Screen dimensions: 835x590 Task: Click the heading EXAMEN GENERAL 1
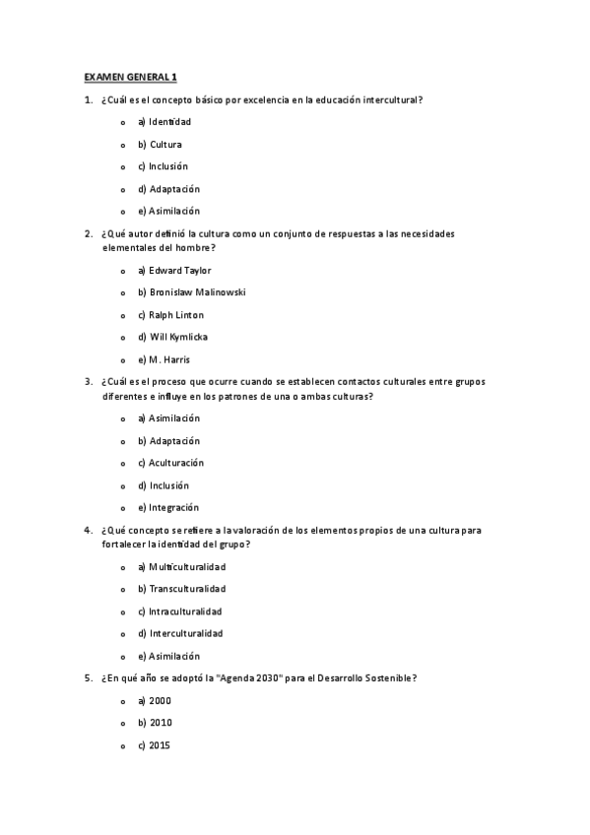130,76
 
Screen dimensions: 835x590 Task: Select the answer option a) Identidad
164,122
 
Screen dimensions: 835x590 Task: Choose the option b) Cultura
160,145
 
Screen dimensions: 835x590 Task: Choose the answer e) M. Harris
164,359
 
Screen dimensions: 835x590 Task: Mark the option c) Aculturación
170,463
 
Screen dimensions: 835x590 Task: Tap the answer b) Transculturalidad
181,589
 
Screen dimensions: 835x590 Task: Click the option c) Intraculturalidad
179,611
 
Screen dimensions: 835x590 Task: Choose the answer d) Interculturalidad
180,633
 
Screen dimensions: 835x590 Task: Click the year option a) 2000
155,701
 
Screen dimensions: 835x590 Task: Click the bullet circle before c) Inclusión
122,167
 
